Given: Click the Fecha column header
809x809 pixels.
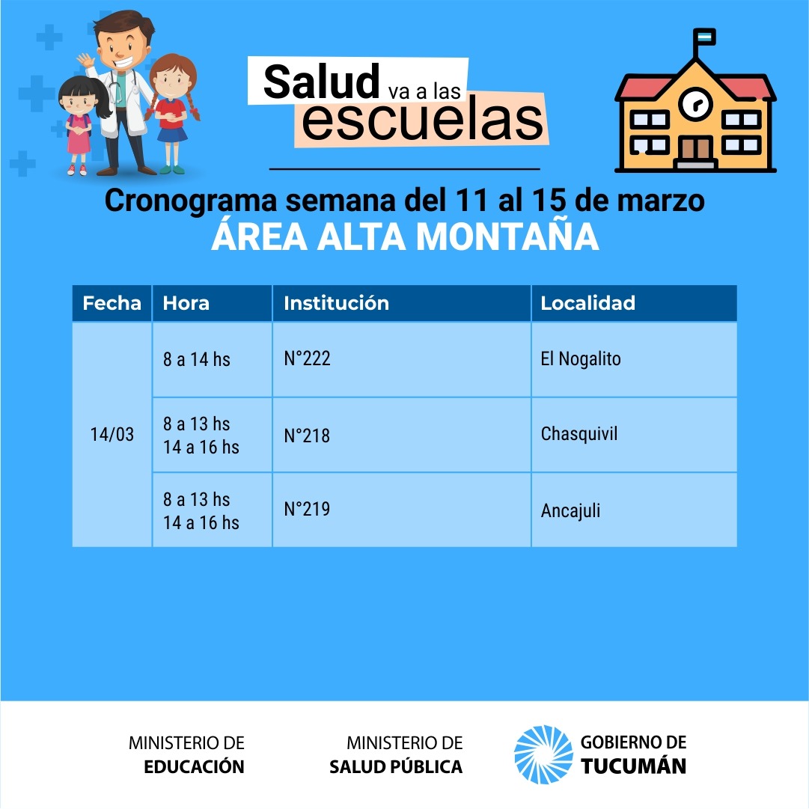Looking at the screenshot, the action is pos(112,303).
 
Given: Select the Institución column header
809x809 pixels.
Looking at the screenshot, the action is pos(336,303).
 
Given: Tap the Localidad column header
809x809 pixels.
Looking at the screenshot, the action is pos(587,303).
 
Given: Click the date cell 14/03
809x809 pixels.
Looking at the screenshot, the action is pos(112,434).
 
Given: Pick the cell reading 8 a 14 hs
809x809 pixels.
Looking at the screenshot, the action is pos(197,359).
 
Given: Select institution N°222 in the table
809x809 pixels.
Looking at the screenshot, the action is pos(307,358).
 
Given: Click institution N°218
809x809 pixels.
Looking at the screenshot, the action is pos(307,436).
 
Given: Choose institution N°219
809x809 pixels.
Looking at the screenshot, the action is pos(307,509).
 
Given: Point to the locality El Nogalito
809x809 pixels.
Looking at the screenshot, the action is pos(581,358).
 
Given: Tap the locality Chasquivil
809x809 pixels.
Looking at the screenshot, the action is pos(579,434).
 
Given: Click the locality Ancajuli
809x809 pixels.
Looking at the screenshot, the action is pos(570,511).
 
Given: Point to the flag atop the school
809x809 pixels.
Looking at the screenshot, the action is pos(704,37).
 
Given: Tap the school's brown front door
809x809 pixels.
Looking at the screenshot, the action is pos(695,149).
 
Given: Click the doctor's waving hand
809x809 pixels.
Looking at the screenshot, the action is pos(86,61).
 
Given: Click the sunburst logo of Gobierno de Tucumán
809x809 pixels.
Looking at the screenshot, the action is pos(543,754).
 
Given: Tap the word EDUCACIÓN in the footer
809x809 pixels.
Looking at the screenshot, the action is pos(194,766).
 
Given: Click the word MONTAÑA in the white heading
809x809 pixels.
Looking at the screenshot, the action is pos(507,236).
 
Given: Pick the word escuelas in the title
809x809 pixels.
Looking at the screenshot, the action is pos(422,120).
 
